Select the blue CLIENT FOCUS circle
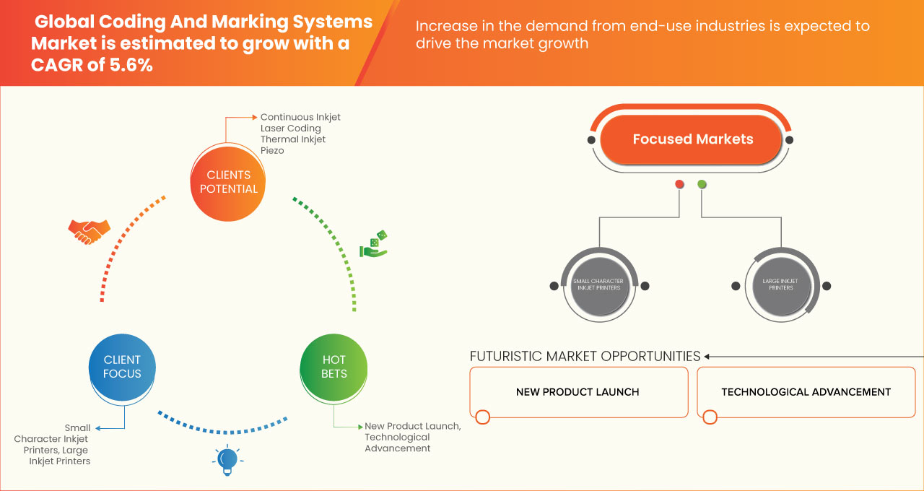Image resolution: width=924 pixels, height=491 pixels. point(122,367)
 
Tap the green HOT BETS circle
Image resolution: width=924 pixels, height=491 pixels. point(334,367)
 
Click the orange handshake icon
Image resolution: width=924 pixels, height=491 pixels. point(89,231)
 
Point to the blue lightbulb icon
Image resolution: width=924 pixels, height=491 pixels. point(227,459)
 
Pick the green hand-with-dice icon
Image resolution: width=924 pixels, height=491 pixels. point(374,244)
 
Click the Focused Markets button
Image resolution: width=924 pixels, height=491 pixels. point(692,139)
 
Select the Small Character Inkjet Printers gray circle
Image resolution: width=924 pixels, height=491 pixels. point(597,284)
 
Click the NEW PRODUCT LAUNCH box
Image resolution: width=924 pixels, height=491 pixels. point(577,392)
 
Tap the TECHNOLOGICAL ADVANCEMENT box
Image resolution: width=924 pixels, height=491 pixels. point(806,392)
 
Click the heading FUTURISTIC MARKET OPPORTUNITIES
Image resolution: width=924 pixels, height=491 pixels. point(585,356)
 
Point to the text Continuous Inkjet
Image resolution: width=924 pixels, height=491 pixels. point(300,117)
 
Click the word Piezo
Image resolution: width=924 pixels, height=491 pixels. point(272,151)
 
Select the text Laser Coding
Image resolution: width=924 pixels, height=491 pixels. point(290,129)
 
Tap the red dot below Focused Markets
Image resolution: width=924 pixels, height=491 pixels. point(679,185)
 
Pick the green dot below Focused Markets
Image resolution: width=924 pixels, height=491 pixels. point(702,185)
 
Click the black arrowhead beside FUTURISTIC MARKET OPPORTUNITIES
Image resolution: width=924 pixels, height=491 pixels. point(707,356)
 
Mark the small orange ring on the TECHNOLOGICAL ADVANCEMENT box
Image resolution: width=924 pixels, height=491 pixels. point(710,417)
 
